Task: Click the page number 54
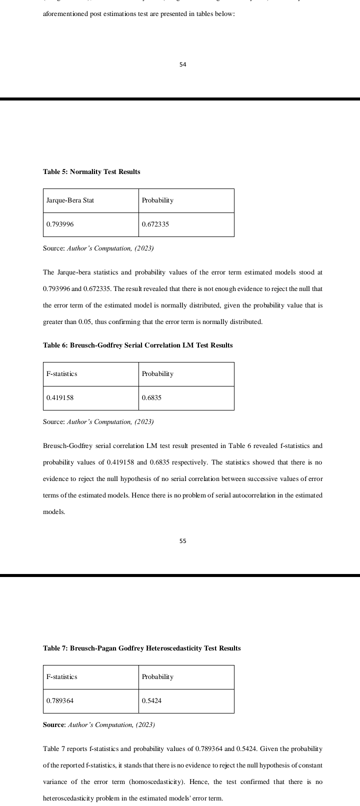coord(182,64)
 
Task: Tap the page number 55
coord(182,541)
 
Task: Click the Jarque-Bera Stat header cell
coord(70,200)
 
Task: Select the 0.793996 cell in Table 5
coord(60,224)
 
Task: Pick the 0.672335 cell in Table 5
coord(155,224)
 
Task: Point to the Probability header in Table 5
coord(157,200)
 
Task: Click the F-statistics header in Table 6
coord(61,374)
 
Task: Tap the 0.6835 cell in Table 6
coord(151,398)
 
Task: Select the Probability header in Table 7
coord(157,677)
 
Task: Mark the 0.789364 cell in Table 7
coord(60,701)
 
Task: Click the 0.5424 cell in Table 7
coord(151,701)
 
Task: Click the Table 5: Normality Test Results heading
coord(91,172)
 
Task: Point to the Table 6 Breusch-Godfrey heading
coord(137,345)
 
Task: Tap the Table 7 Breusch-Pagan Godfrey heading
coord(141,648)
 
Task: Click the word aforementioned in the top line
coord(63,14)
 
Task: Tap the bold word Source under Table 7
coord(53,725)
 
